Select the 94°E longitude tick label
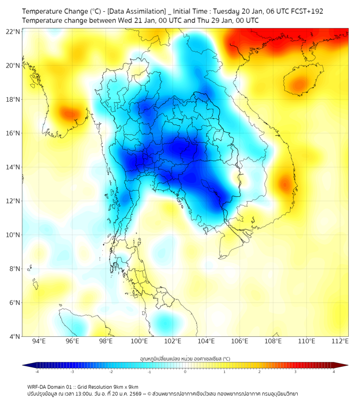39,341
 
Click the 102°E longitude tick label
173,341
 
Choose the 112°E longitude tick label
340,341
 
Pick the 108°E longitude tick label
273,341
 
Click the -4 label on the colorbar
37,371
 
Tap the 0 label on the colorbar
185,371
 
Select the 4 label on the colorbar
334,371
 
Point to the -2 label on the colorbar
111,371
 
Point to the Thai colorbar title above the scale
185,358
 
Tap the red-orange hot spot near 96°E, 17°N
69,113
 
